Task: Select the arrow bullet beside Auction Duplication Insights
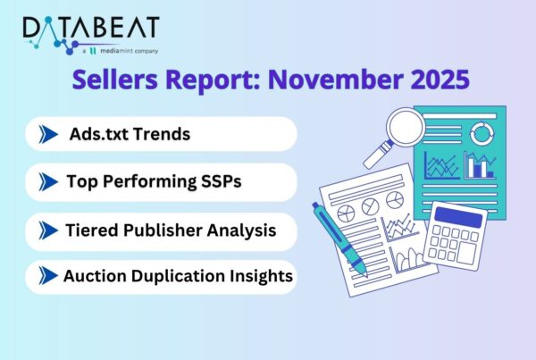47,277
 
